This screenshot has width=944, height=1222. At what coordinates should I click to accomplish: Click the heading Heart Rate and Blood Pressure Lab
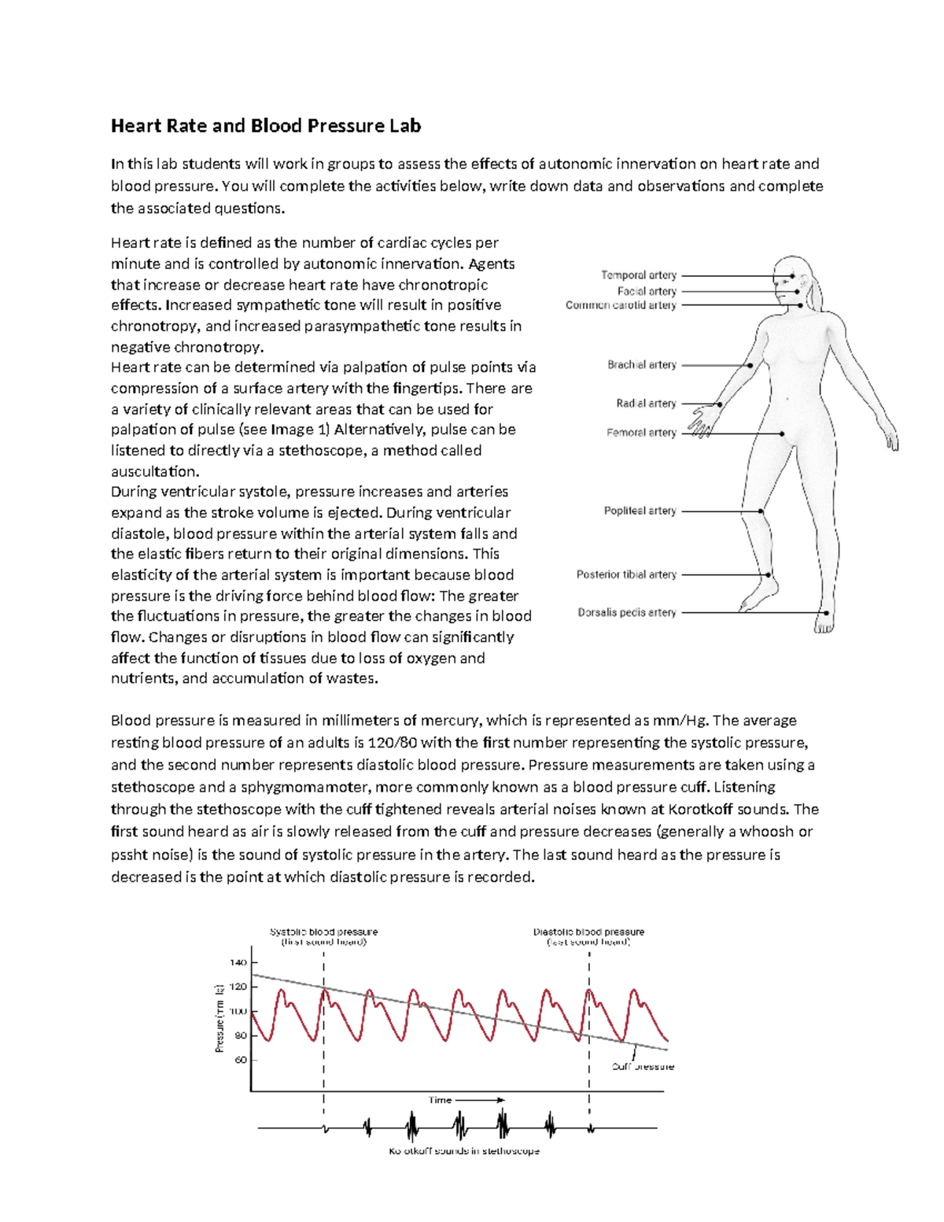point(266,126)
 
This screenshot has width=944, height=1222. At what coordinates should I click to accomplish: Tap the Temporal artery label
point(638,275)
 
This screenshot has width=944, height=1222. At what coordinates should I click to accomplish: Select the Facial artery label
point(646,291)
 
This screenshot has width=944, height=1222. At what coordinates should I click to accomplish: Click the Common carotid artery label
point(621,305)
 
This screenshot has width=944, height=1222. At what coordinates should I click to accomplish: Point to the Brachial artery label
point(641,365)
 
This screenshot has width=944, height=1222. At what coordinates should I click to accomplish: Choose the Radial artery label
point(646,404)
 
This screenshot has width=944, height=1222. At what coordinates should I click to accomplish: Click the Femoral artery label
point(641,433)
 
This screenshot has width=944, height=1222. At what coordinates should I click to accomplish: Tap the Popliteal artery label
point(640,511)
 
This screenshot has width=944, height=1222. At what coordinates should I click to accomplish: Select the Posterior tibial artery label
point(626,574)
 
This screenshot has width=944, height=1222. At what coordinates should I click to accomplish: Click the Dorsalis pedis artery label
point(627,612)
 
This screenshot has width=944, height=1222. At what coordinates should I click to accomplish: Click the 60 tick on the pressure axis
point(240,1060)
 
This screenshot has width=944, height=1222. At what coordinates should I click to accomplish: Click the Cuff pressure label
point(643,1067)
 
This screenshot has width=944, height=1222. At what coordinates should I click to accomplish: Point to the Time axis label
point(441,1100)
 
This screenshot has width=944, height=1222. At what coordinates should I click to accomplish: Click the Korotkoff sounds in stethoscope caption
point(464,1151)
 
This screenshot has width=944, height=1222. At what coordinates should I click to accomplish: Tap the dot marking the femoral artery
point(782,434)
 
